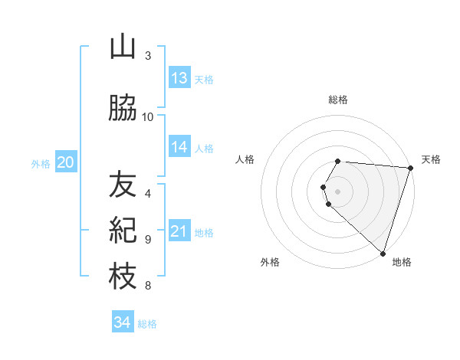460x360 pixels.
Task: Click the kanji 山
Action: click(x=123, y=47)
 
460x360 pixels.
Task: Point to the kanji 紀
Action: click(x=123, y=231)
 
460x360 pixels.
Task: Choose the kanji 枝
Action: click(x=123, y=277)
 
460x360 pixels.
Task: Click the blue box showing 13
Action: click(x=179, y=78)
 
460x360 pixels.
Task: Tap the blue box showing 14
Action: click(x=179, y=147)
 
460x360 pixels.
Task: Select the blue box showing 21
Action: click(x=179, y=231)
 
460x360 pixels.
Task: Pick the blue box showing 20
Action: click(x=65, y=162)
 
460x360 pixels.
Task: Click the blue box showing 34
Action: click(x=123, y=322)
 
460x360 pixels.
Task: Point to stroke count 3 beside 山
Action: click(x=148, y=57)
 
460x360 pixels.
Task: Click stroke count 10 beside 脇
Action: click(x=148, y=117)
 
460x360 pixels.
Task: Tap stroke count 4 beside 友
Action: click(x=148, y=193)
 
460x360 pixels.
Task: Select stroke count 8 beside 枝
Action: click(x=148, y=286)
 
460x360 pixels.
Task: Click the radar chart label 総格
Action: click(x=338, y=100)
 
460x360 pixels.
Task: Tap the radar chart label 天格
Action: click(x=431, y=159)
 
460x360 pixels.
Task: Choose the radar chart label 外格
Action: click(x=270, y=262)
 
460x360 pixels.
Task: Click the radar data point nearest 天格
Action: click(x=410, y=168)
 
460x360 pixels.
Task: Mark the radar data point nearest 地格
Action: click(x=383, y=253)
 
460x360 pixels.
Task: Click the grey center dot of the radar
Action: click(x=338, y=191)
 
